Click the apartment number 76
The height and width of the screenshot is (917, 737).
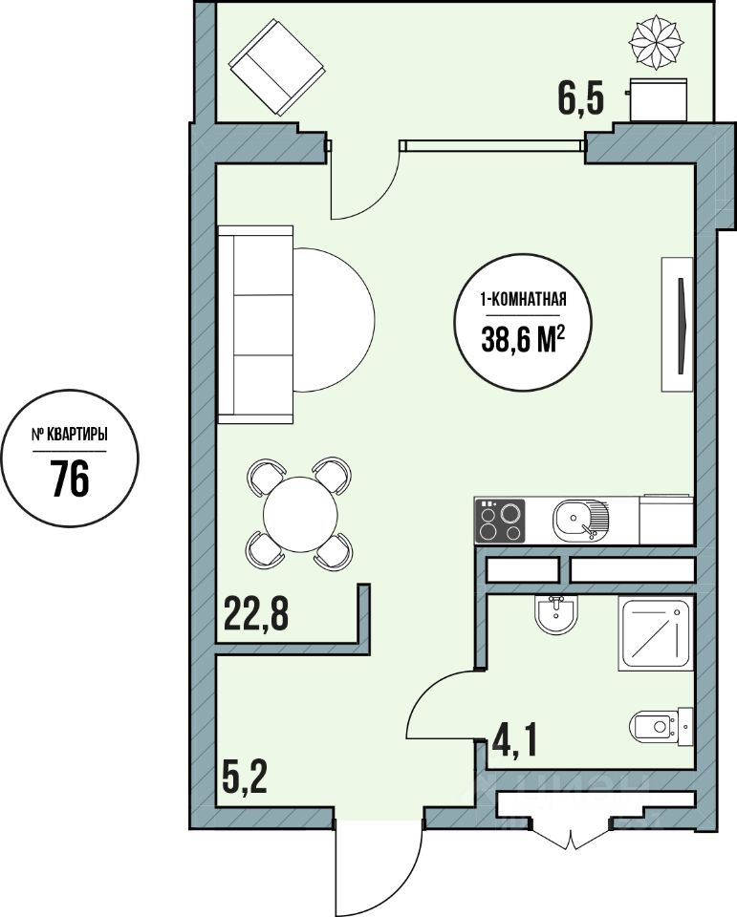(70, 478)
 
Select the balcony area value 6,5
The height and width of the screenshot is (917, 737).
(580, 99)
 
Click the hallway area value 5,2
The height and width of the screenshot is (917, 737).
(245, 776)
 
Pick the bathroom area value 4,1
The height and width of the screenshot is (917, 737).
(515, 739)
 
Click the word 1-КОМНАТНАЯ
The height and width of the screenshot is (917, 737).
(523, 300)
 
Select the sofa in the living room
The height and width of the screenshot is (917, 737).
(255, 324)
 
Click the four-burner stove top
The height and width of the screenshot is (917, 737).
(500, 522)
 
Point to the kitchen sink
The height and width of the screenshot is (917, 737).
(580, 521)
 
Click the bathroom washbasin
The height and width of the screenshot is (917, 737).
(556, 615)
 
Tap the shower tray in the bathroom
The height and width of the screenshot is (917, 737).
(656, 633)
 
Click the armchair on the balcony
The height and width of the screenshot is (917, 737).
(276, 67)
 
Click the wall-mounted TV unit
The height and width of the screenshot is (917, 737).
(678, 324)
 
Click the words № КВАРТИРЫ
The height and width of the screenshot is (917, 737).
(69, 436)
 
